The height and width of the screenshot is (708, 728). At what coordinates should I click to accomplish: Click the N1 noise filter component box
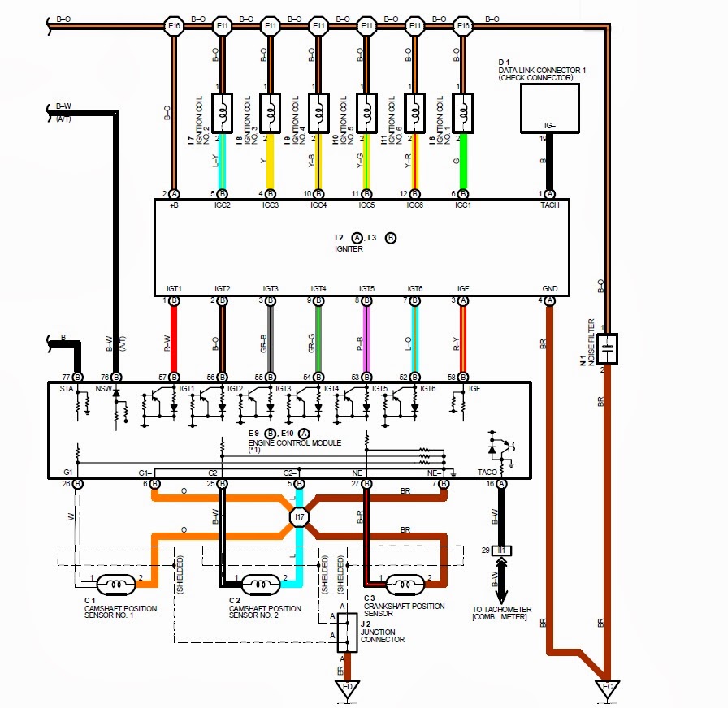tap(608, 347)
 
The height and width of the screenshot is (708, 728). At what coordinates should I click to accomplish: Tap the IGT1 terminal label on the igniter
tap(174, 289)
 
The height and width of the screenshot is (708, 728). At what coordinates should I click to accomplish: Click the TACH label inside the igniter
tap(550, 206)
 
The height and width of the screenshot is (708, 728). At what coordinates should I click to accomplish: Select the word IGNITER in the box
tap(348, 249)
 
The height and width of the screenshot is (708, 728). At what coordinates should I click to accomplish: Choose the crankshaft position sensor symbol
tap(405, 582)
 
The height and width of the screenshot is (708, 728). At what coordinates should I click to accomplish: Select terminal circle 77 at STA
tap(79, 378)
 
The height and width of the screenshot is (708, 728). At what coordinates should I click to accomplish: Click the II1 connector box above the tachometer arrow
tap(503, 551)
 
